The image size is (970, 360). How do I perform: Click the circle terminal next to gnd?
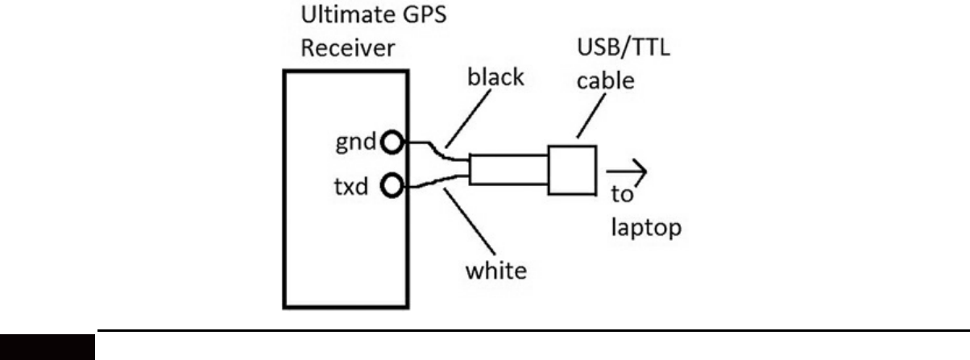pos(392,143)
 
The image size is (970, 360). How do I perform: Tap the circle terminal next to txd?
pos(392,188)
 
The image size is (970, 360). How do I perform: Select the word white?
pos(496,268)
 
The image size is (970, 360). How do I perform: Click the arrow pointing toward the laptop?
pos(626,171)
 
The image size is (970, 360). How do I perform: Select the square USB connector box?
pos(571,170)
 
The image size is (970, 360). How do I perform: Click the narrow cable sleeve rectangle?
pos(508,172)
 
